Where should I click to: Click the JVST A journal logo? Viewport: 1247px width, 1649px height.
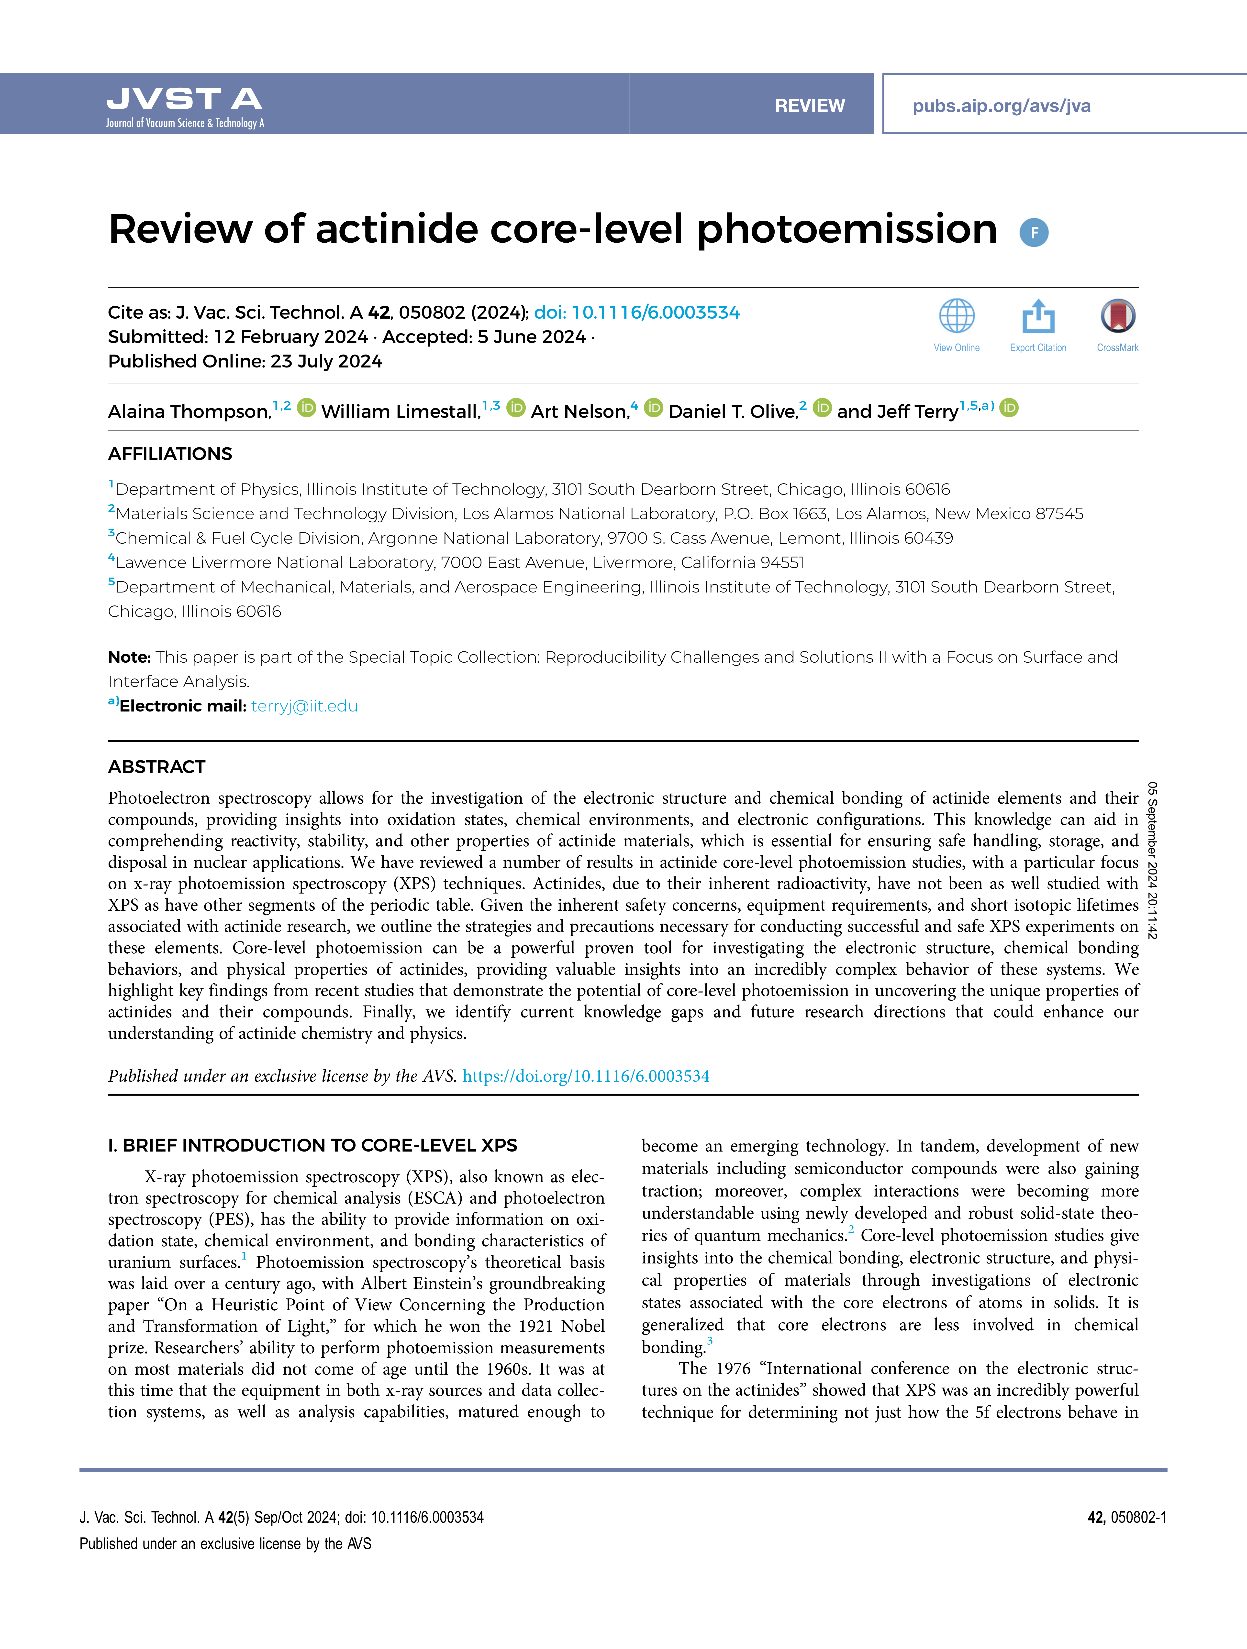184,106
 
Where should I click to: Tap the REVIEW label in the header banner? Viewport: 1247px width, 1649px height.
809,106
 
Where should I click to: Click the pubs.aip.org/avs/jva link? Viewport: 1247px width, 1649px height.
1001,106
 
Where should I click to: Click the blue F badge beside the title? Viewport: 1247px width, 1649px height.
1034,233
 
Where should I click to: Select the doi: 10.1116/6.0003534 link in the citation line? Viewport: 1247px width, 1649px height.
637,312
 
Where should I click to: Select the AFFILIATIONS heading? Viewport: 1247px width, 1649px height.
170,454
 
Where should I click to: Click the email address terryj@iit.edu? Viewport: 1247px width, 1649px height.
304,706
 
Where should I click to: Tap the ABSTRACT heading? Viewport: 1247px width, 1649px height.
157,767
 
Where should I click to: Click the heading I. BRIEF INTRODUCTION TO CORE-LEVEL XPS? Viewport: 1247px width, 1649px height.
312,1145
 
